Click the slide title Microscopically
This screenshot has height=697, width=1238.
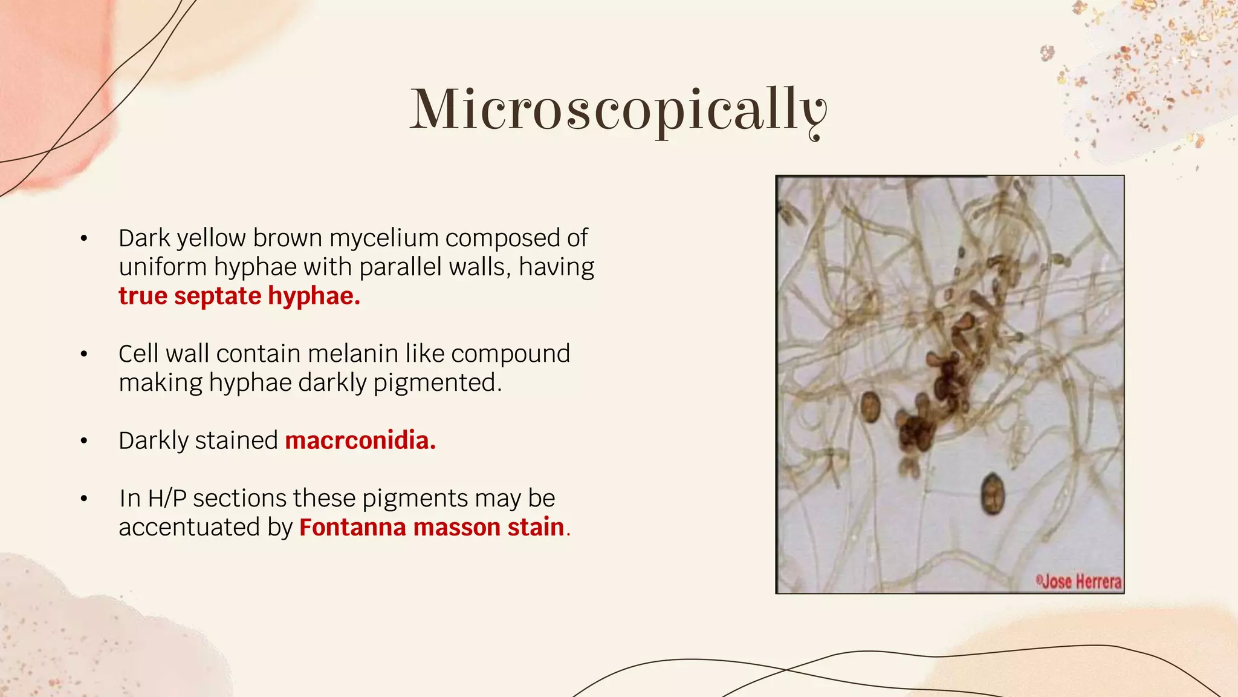coord(618,110)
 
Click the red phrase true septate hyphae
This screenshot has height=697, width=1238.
coord(239,296)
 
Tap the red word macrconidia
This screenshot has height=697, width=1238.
coord(360,440)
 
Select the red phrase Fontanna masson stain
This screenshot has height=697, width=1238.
coord(432,527)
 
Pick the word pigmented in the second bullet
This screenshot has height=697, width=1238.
coord(437,383)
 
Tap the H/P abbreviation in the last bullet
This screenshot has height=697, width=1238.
coord(166,499)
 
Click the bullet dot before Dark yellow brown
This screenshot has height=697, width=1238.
coord(84,239)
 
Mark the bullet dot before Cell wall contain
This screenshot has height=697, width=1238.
coord(84,355)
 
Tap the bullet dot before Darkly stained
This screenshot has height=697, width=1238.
coord(84,441)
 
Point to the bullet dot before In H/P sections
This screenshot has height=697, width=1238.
coord(84,499)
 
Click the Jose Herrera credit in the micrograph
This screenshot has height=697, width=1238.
coord(1080,581)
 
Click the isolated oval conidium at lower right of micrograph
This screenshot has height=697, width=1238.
coord(991,494)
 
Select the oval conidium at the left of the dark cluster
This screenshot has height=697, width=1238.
coord(870,407)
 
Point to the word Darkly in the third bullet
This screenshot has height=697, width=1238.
coord(154,441)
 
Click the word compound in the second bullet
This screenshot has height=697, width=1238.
coord(510,354)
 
